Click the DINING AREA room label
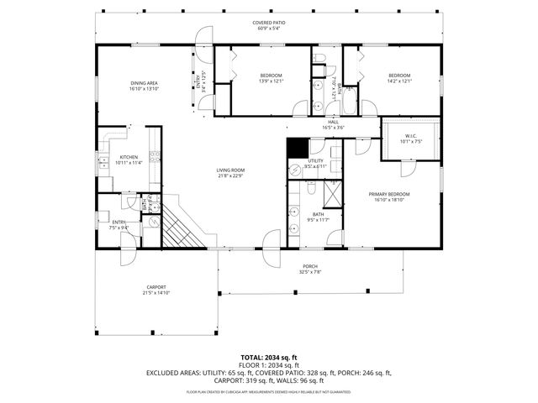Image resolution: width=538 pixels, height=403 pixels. [x=144, y=81]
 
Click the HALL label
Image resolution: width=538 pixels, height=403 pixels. [x=334, y=123]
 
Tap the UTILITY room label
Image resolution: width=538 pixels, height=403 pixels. [x=315, y=160]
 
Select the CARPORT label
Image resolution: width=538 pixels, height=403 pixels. [x=156, y=287]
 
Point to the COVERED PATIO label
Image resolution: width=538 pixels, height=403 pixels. [x=268, y=23]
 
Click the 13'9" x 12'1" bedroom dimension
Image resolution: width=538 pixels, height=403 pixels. [x=271, y=81]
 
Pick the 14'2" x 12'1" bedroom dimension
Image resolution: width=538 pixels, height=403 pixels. [x=398, y=81]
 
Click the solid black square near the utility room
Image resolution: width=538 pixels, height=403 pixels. [x=296, y=147]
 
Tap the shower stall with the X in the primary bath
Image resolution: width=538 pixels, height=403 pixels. [x=332, y=194]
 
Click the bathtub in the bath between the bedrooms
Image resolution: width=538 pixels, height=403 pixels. [x=350, y=99]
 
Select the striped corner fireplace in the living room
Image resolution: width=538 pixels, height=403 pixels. [x=180, y=225]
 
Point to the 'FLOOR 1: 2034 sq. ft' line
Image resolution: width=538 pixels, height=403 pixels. [x=268, y=365]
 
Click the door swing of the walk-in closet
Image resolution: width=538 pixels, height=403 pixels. [x=409, y=166]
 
